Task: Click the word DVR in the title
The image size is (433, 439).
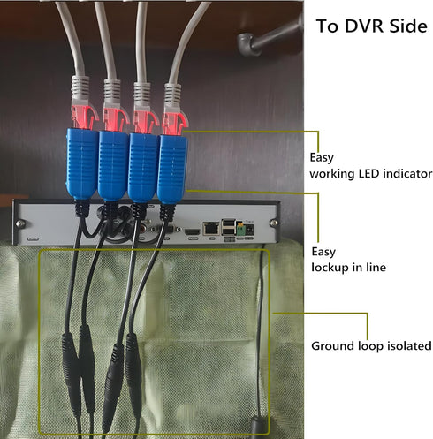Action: (x=364, y=26)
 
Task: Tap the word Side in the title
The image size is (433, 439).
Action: (x=408, y=26)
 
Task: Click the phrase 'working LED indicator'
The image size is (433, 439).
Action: (x=371, y=174)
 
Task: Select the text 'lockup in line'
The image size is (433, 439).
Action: (x=348, y=268)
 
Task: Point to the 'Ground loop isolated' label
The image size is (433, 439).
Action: (x=371, y=346)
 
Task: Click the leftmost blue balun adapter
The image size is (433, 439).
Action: (x=82, y=163)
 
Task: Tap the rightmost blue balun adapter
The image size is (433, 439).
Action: (x=172, y=169)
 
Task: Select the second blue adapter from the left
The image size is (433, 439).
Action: (x=113, y=165)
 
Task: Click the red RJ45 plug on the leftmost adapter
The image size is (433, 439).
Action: (x=83, y=117)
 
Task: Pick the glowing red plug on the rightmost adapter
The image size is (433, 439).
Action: (x=175, y=123)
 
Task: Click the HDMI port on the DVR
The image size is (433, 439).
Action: (x=193, y=231)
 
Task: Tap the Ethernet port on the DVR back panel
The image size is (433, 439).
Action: (x=211, y=229)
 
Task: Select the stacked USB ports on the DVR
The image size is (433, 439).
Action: (x=228, y=227)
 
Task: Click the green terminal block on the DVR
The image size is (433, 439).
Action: (x=240, y=229)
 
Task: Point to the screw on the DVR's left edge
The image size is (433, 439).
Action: (x=20, y=223)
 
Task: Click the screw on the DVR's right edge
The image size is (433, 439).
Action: (x=274, y=223)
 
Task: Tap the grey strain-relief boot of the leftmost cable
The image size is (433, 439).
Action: (x=80, y=87)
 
